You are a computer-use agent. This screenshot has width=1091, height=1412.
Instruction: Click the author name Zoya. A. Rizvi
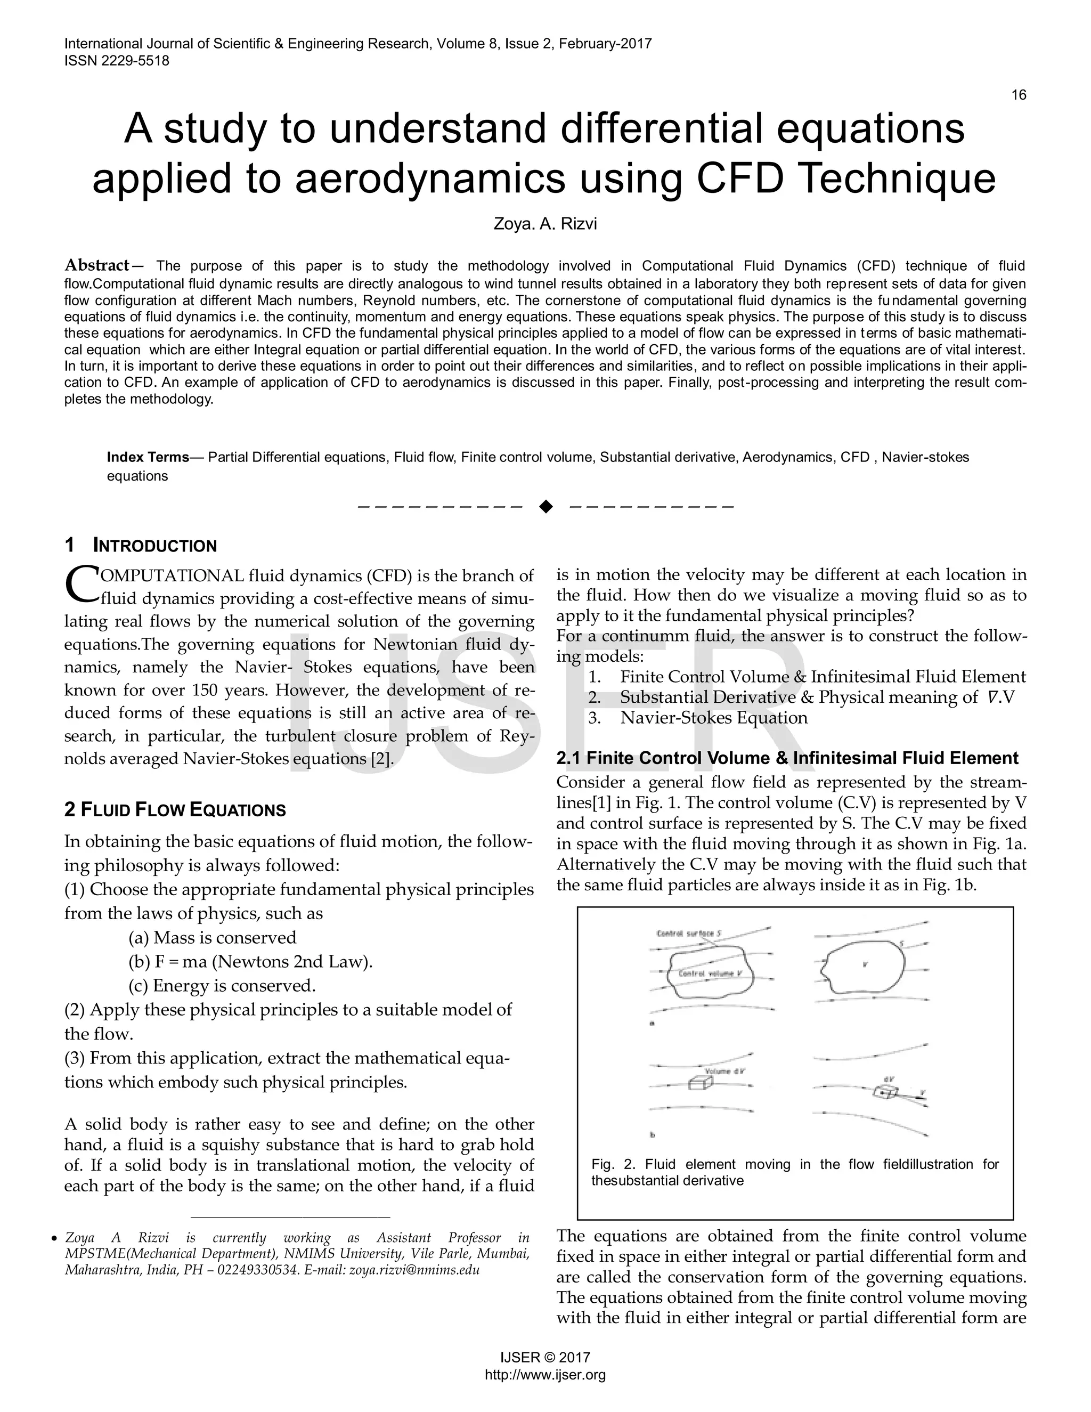pyautogui.click(x=545, y=224)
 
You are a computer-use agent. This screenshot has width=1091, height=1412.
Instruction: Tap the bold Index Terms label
pyautogui.click(x=148, y=457)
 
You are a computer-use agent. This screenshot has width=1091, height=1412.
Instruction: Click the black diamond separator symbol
pyautogui.click(x=545, y=506)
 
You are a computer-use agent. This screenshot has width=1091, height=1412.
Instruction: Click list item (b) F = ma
pyautogui.click(x=250, y=961)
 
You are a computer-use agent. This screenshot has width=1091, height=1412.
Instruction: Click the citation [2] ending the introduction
pyautogui.click(x=381, y=758)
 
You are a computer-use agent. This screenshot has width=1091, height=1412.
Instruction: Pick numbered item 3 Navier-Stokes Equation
pyautogui.click(x=713, y=718)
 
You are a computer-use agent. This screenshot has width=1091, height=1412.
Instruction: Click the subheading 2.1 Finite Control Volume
pyautogui.click(x=787, y=758)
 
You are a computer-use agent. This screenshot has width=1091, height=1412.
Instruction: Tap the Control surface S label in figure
pyautogui.click(x=685, y=934)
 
